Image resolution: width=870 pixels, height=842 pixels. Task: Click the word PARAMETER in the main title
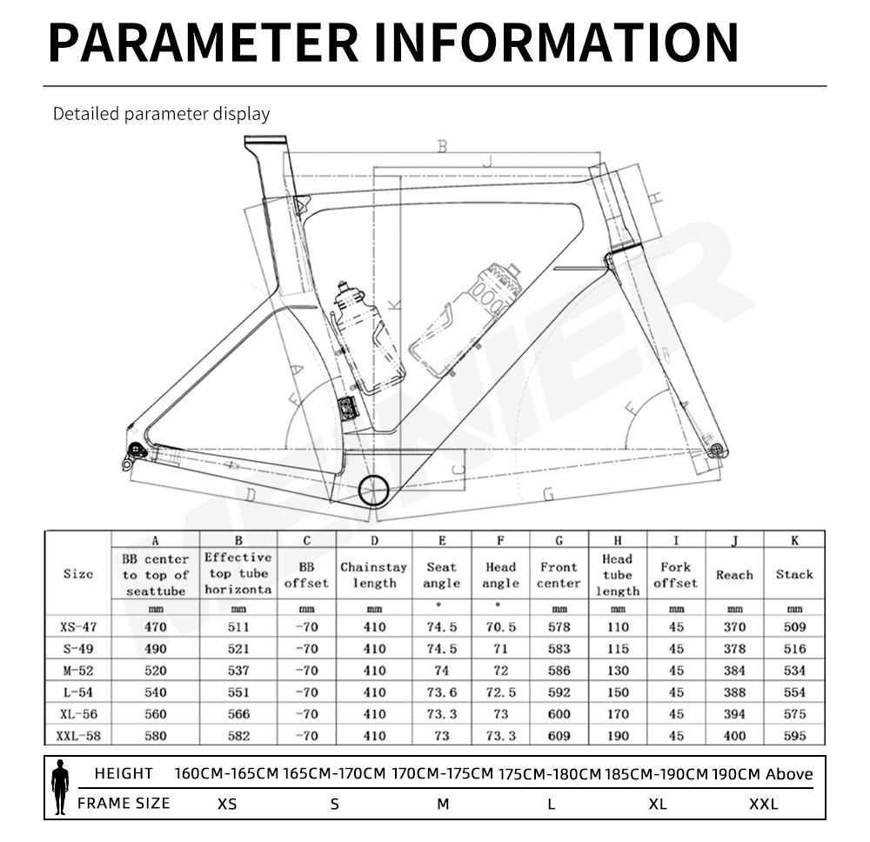tap(203, 42)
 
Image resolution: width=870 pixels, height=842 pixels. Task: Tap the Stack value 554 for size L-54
tap(794, 692)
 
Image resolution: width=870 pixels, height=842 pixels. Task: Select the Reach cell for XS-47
tap(734, 627)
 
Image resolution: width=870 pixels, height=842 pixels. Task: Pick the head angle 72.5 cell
tap(500, 692)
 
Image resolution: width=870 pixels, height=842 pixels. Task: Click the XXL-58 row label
tap(78, 736)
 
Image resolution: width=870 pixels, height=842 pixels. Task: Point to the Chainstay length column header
tap(374, 575)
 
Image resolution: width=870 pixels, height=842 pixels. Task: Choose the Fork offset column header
tap(675, 575)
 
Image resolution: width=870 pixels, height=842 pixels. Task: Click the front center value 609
tap(559, 736)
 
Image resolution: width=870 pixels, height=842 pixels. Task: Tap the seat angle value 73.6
tap(442, 692)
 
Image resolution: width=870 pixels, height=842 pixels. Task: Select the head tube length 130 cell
tap(618, 671)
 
